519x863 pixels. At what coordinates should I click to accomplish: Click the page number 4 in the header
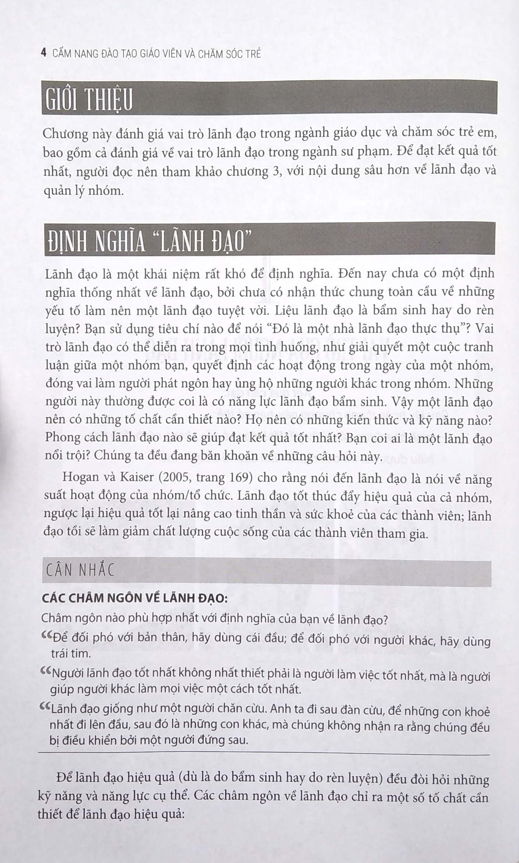click(x=44, y=53)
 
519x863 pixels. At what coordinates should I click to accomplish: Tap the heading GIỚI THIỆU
click(x=89, y=99)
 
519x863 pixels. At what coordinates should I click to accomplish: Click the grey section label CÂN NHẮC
click(x=80, y=570)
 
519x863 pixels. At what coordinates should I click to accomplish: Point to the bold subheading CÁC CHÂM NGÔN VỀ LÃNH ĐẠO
click(x=135, y=598)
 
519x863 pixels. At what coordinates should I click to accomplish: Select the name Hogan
click(x=80, y=478)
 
